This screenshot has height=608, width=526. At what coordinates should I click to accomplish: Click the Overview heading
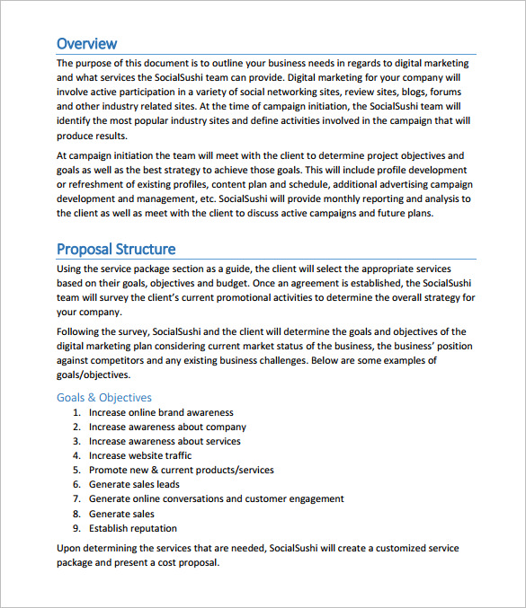click(x=86, y=43)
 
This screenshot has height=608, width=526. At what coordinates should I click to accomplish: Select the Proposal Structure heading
click(x=116, y=249)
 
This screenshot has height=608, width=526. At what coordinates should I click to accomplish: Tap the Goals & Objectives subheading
click(x=104, y=397)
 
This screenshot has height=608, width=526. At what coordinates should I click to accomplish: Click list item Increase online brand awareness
click(x=161, y=412)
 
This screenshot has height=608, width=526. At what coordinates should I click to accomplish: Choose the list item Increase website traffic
click(x=139, y=455)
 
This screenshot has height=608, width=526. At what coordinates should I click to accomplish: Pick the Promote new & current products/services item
click(x=181, y=470)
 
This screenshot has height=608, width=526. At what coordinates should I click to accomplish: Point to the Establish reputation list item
click(x=132, y=528)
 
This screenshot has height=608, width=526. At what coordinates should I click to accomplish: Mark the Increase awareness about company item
click(x=167, y=427)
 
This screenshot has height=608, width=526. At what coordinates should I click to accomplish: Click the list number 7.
click(x=76, y=498)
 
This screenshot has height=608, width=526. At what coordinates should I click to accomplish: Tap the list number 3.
click(x=76, y=441)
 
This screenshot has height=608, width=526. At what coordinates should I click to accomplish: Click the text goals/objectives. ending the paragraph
click(x=94, y=374)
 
